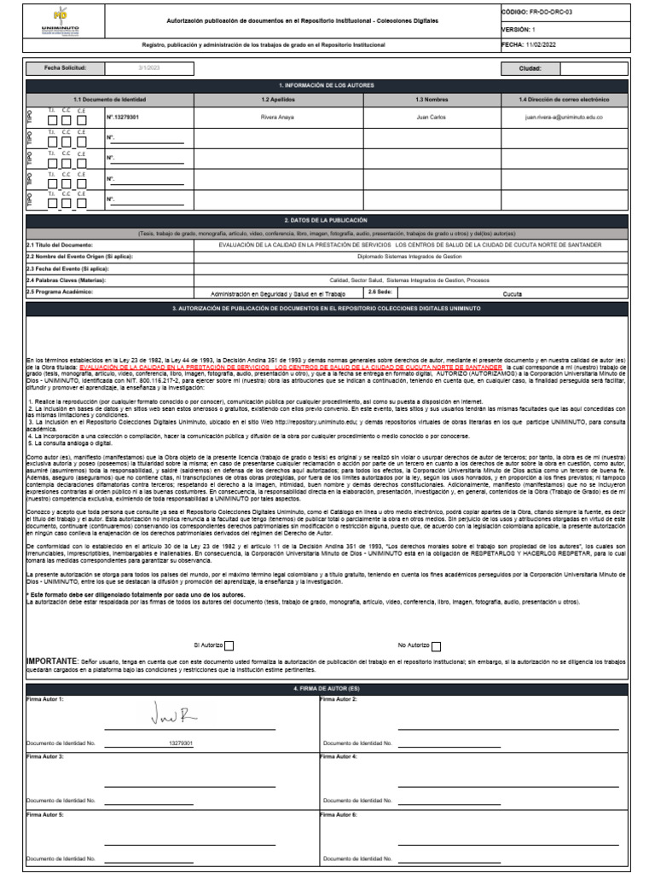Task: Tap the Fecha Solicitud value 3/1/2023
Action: point(149,68)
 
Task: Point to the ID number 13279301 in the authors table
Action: point(123,117)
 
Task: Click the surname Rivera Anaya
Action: point(278,117)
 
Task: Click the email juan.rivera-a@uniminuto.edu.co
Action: point(564,117)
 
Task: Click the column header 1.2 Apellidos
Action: point(278,100)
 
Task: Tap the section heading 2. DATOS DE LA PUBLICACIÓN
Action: point(327,220)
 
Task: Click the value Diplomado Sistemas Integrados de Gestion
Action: point(409,256)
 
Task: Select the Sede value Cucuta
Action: point(513,292)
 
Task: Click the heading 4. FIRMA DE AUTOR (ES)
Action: point(327,688)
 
